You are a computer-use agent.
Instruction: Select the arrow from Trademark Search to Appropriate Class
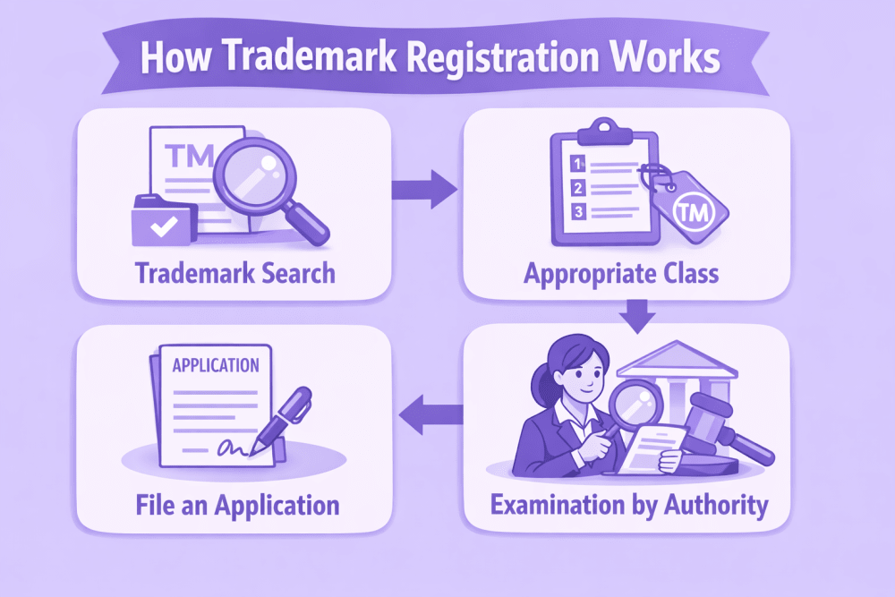423,189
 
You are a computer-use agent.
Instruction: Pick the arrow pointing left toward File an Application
429,414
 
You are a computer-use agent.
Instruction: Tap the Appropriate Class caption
621,272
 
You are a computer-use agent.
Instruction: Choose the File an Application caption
238,504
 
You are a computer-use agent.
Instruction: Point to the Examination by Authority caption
629,505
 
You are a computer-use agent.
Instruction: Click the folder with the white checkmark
163,221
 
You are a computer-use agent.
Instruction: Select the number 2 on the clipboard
578,188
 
